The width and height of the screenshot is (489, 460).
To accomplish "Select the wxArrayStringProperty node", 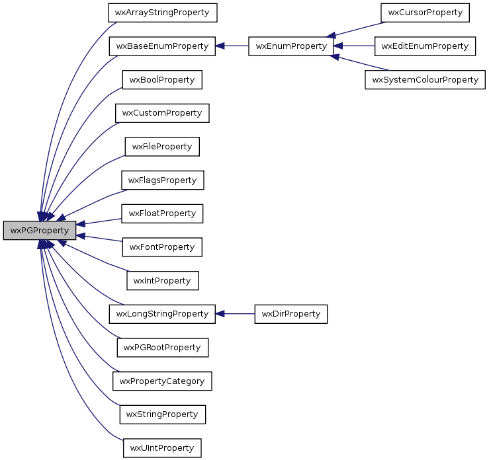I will point(162,12).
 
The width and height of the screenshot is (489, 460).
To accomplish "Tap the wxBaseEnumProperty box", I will point(162,46).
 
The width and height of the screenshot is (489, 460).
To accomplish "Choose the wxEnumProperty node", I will point(290,46).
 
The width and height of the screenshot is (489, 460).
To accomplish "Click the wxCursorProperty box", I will point(425,12).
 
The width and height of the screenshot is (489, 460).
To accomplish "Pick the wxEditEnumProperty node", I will point(425,46).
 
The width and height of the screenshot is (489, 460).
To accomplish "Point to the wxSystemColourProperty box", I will point(425,80).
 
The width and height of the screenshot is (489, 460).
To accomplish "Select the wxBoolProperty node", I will point(162,80).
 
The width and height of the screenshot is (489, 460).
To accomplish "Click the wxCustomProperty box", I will point(162,113).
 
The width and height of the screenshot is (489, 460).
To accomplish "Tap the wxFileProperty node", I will point(162,147).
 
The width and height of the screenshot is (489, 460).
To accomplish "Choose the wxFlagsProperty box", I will point(162,180).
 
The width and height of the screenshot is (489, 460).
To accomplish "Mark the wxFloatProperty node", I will point(162,213).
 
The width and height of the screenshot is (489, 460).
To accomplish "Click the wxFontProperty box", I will point(162,247).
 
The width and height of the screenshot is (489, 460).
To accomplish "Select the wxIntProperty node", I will point(162,280).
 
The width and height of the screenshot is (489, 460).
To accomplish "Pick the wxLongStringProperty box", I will point(162,313).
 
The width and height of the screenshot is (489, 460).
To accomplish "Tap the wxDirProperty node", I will point(291,313).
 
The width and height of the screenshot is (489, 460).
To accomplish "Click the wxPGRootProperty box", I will point(162,347).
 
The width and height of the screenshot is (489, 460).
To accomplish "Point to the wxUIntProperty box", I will point(162,447).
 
